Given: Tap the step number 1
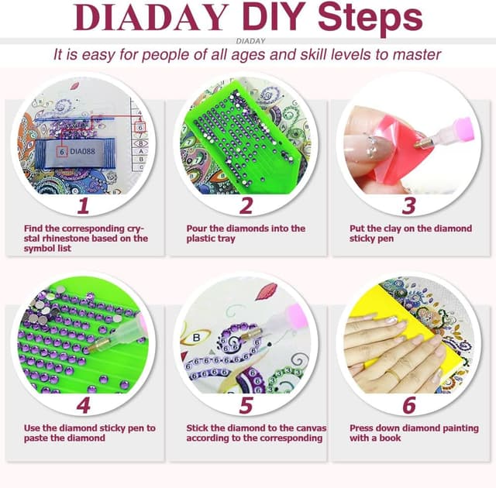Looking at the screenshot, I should click(x=84, y=204).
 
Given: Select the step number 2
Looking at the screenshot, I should click(x=246, y=205).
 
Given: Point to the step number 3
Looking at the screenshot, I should click(x=408, y=204).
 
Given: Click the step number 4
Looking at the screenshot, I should click(x=84, y=404).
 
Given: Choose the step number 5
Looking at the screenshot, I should click(x=246, y=404).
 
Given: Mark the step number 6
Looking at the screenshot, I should click(x=408, y=404).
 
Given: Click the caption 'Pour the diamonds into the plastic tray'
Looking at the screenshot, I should click(x=246, y=234).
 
